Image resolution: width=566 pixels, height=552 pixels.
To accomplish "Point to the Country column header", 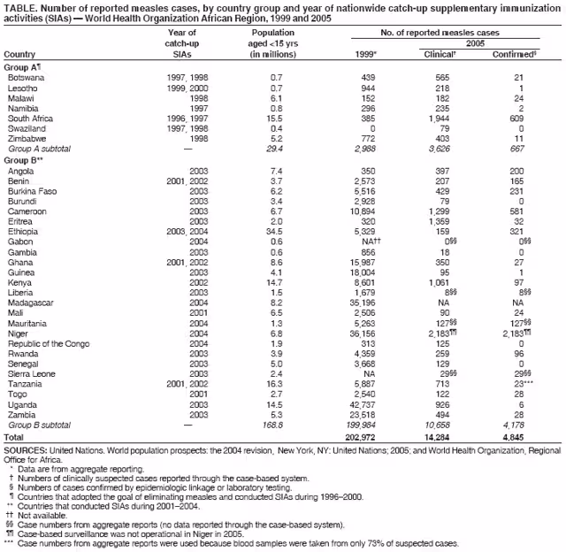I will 20,54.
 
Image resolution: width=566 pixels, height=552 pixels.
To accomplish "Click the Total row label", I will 15,438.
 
